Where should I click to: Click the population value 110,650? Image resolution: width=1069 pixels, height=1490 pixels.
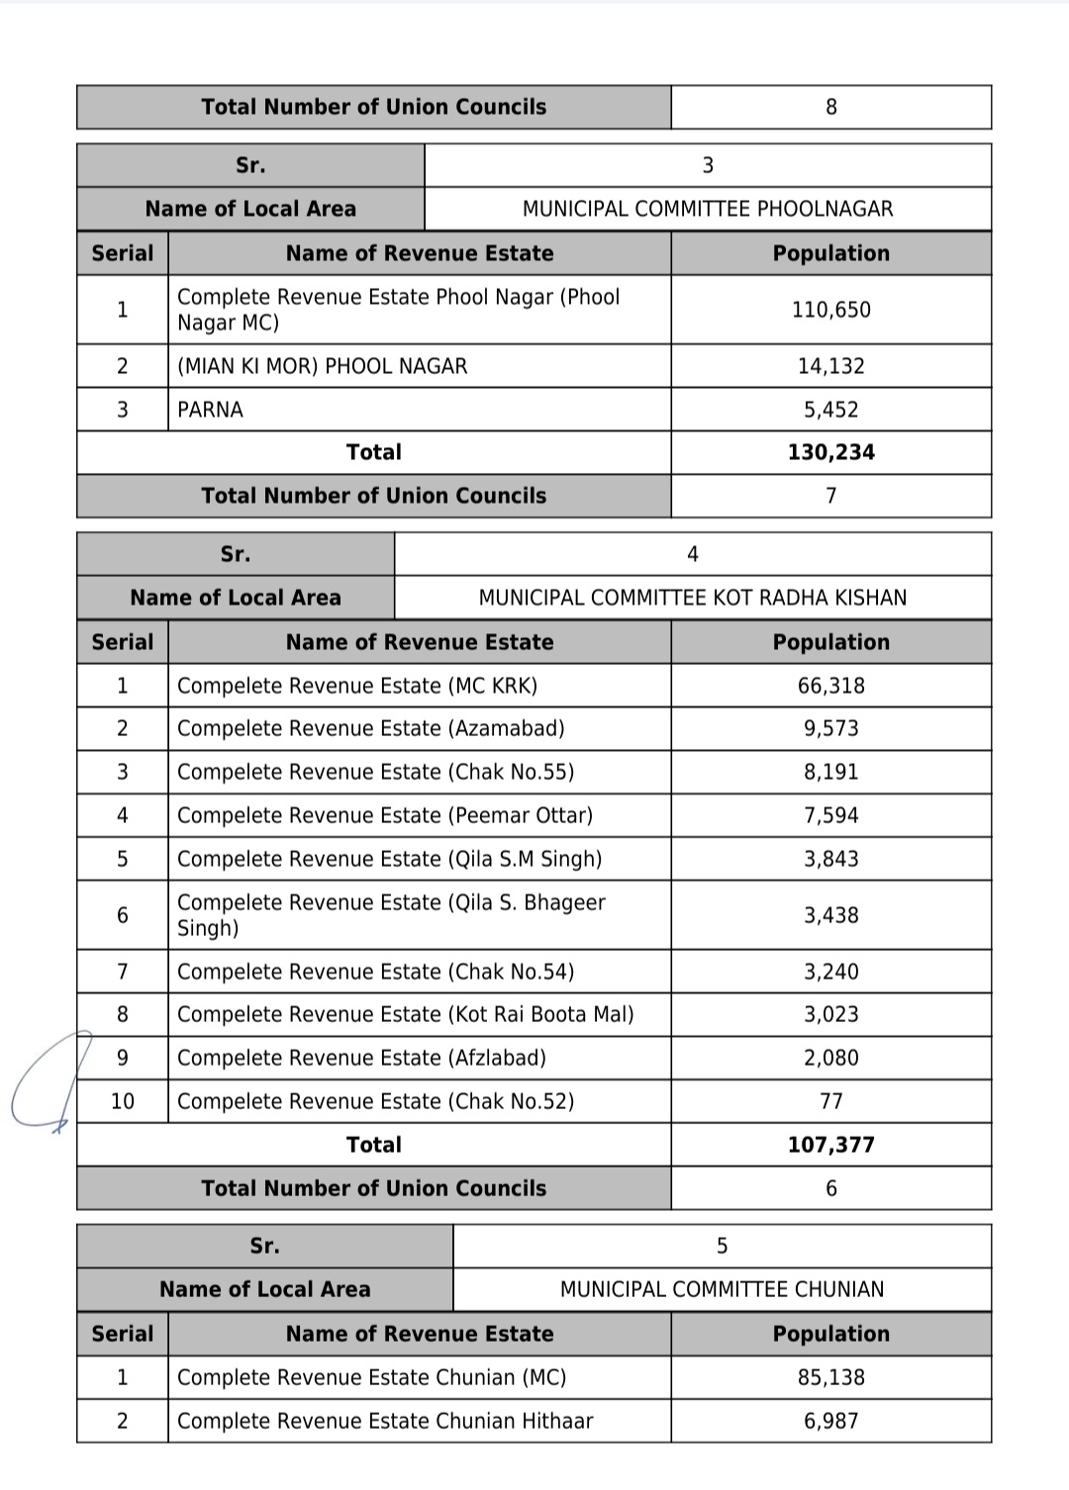coord(830,310)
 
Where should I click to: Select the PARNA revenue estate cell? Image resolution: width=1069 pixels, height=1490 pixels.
coord(210,410)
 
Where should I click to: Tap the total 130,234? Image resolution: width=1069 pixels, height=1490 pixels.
coord(830,452)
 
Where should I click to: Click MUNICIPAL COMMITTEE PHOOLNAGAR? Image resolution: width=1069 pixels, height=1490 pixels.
coord(707,209)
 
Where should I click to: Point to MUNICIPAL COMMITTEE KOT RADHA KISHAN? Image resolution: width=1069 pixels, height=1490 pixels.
coord(692,598)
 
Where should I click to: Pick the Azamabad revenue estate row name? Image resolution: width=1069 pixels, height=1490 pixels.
coord(370,728)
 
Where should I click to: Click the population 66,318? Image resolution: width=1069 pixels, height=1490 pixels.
coord(830,686)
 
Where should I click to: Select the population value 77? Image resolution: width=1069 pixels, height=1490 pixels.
coord(830,1101)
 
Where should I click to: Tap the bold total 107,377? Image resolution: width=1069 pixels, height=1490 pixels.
coord(830,1145)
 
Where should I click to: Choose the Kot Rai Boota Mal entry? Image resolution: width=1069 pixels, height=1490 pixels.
coord(405,1014)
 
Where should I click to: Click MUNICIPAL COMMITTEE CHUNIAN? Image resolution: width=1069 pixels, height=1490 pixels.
coord(722,1289)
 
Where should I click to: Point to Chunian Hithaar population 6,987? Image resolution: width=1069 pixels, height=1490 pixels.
coord(830,1421)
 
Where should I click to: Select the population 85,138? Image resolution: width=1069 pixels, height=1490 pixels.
coord(830,1377)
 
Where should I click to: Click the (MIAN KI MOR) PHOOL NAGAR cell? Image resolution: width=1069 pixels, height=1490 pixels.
coord(322,366)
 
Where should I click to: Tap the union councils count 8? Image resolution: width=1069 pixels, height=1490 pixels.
coord(830,107)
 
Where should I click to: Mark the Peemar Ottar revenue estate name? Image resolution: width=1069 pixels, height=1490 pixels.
coord(384,815)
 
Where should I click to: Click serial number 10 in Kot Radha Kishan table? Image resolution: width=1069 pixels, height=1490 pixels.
coord(122,1101)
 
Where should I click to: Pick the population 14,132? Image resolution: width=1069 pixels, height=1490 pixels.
coord(830,366)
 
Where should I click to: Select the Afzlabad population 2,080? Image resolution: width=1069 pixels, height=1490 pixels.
coord(830,1058)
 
